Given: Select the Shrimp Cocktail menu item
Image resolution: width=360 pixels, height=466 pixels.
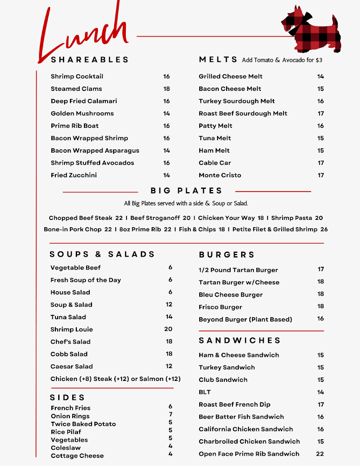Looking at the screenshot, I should coord(77,77).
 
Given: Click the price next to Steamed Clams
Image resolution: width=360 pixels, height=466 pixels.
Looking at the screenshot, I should coord(167,89).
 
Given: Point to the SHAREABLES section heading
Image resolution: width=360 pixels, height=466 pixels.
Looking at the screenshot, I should coord(90,60).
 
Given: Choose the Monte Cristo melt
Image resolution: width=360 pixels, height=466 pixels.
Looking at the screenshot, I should coord(220,175).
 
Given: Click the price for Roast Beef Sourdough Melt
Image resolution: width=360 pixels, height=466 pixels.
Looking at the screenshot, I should coord(321,114).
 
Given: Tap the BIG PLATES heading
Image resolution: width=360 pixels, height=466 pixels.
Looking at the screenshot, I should coord(186,191).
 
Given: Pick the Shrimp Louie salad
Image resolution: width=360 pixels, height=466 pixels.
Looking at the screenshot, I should coord(71,329).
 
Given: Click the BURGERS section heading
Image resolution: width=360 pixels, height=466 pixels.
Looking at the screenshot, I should coord(227,255).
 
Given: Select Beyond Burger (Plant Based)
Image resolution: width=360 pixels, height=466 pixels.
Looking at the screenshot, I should coord(245,320).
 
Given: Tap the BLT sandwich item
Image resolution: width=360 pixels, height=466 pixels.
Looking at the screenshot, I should coord(205,392).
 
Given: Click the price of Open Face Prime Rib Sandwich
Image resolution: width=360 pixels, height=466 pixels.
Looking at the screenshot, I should coord(320,454).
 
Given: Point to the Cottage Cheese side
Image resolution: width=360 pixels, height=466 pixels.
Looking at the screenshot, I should coord(77,456).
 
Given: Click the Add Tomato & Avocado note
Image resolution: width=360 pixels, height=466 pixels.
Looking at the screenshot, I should coord(282,60).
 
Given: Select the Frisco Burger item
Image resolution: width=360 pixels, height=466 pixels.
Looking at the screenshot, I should coord(220,307).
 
